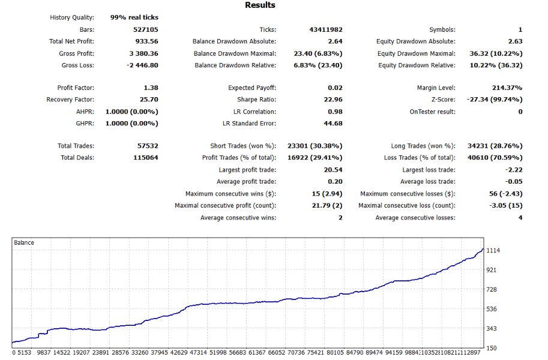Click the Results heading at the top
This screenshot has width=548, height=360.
(260, 5)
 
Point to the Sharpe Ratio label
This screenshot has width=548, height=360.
(256, 100)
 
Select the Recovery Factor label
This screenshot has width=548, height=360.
(70, 100)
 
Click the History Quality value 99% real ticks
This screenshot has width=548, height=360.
(134, 17)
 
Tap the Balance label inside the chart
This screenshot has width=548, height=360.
(24, 243)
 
